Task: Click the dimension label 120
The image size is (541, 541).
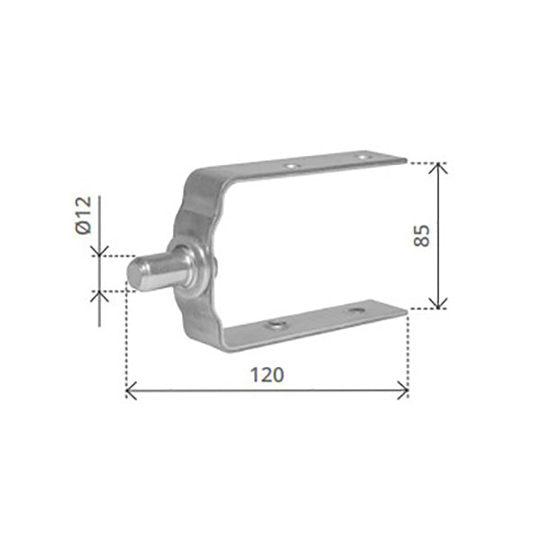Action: point(267,375)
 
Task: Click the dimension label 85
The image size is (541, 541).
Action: point(422,235)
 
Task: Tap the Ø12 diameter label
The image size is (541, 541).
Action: point(84,215)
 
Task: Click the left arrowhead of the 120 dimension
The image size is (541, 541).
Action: point(131,391)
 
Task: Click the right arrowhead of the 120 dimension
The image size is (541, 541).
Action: point(404,390)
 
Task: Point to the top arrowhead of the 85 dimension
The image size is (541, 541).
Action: point(438,168)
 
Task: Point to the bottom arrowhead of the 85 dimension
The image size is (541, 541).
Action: point(438,304)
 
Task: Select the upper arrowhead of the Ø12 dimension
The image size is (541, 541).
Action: point(99,252)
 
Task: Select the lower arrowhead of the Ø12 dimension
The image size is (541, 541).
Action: point(99,296)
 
